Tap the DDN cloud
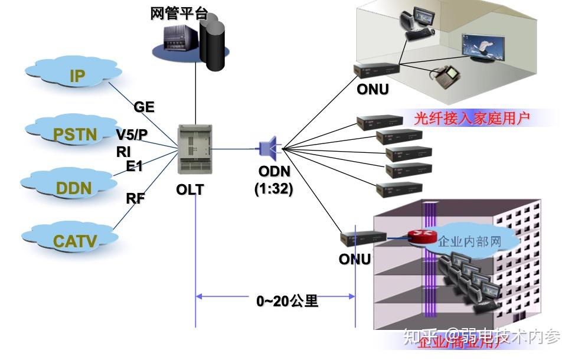pyautogui.click(x=73, y=188)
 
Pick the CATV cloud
pyautogui.click(x=74, y=240)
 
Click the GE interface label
pyautogui.click(x=143, y=107)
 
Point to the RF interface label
pyautogui.click(x=135, y=198)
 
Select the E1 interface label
pyautogui.click(x=135, y=166)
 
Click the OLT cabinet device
pyautogui.click(x=194, y=152)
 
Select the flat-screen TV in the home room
pyautogui.click(x=483, y=48)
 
